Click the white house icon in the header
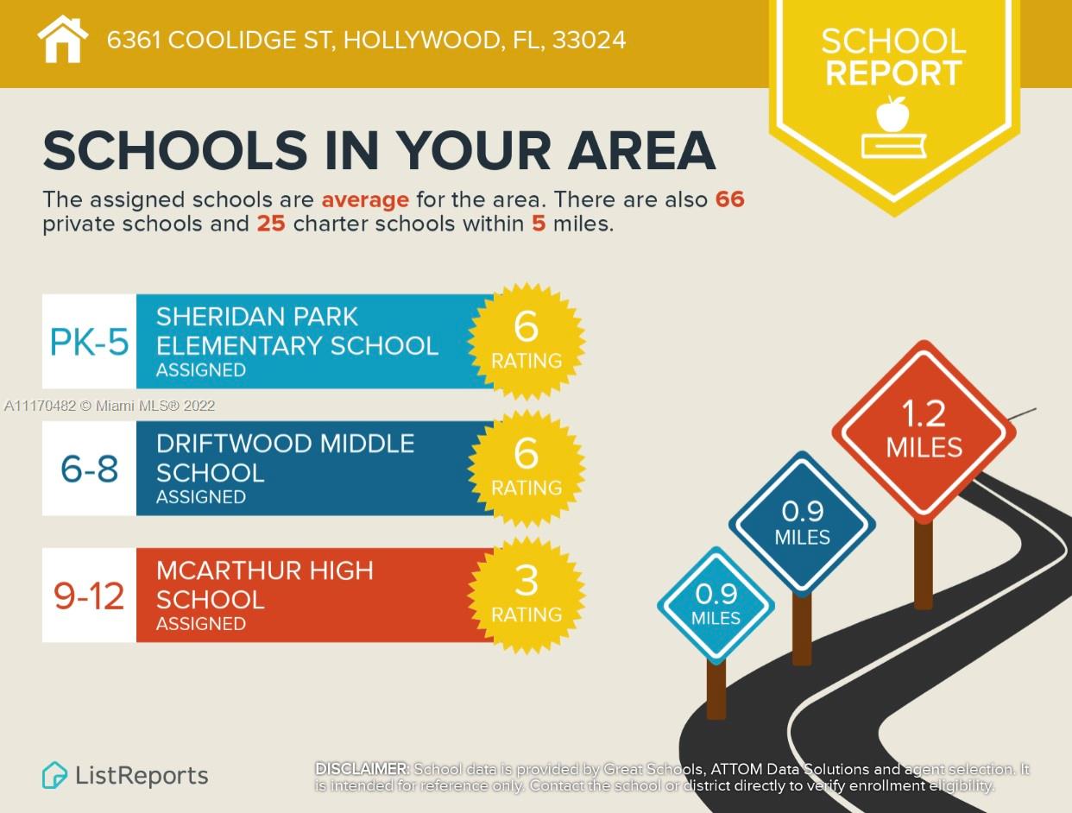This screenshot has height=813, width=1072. (x=63, y=40)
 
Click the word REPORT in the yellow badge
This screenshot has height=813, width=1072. (x=893, y=73)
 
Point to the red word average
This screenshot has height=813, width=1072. (x=365, y=200)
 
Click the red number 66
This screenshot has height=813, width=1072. (x=729, y=199)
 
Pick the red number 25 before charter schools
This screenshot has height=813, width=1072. (x=270, y=224)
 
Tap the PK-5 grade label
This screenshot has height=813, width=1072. (x=90, y=343)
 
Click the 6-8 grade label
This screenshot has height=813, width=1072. (x=90, y=470)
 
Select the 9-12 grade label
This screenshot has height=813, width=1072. (x=90, y=596)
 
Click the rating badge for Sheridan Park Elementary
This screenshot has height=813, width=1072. (x=527, y=341)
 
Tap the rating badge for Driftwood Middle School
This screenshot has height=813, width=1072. (x=527, y=468)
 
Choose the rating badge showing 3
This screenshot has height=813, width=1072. (x=527, y=595)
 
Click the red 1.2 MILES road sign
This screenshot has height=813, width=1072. (x=924, y=431)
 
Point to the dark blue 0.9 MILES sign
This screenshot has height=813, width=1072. (x=802, y=523)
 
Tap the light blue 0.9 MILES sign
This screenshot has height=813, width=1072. (x=716, y=605)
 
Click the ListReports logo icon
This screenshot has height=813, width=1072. (x=54, y=775)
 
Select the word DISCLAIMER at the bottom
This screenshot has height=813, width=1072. (x=362, y=768)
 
